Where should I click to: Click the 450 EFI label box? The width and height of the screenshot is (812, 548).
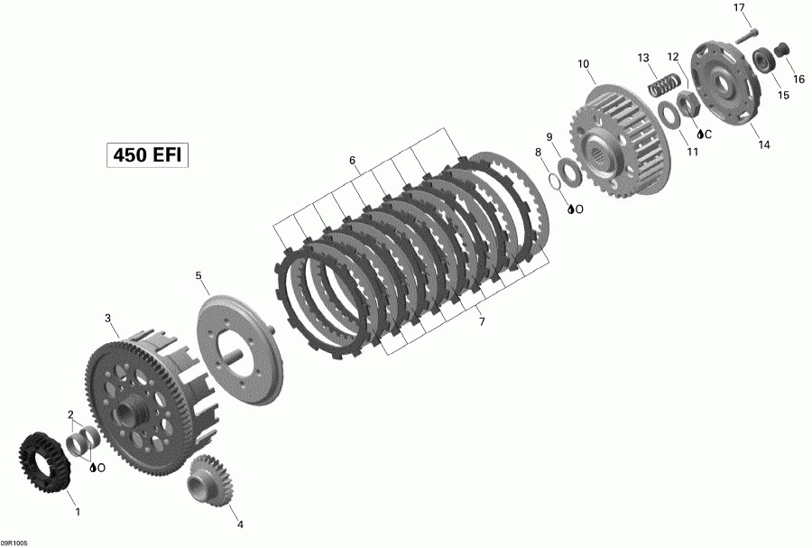[x=147, y=154]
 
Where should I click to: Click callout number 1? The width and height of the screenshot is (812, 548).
[x=77, y=512]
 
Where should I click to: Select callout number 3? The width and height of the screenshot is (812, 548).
[x=107, y=318]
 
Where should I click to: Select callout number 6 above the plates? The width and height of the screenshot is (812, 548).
[x=353, y=162]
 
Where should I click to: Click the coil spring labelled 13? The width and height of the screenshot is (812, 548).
[x=661, y=86]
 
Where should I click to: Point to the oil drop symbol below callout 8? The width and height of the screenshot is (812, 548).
[x=571, y=209]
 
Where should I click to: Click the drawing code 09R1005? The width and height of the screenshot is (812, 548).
[x=14, y=543]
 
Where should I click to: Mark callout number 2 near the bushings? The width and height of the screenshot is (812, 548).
[x=70, y=414]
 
